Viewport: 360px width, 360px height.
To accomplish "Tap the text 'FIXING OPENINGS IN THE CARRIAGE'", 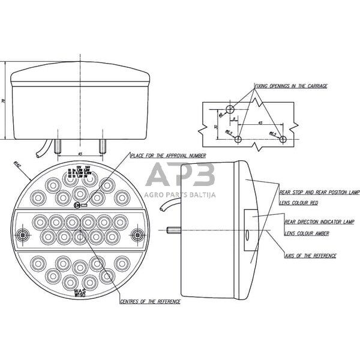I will (291, 86).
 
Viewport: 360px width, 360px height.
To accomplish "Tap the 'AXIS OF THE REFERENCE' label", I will (310, 256).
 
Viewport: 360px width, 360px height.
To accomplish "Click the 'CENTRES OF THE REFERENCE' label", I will (150, 301).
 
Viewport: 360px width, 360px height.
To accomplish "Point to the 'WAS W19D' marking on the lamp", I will (80, 292).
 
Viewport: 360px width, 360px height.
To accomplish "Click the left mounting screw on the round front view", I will (23, 234).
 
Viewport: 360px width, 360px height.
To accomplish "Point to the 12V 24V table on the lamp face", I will (80, 173).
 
